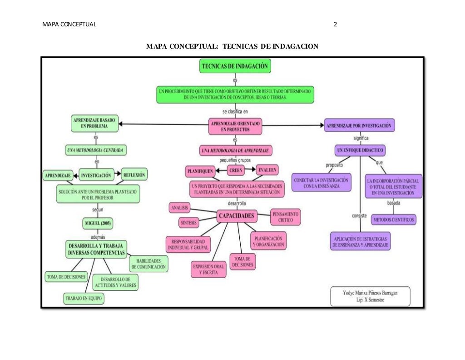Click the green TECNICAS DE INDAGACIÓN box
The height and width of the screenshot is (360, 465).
coord(235,66)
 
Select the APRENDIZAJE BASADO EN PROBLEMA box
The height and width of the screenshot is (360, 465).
coord(94,123)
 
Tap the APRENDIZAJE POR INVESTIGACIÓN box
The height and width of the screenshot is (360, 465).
coord(359,125)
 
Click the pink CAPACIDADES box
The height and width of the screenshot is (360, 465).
coord(237,215)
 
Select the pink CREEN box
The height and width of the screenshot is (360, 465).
coord(236,170)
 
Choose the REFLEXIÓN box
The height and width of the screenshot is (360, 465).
coord(134,175)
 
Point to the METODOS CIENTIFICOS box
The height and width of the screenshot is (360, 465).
coord(393,220)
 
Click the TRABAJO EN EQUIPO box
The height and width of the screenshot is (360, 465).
coord(84,298)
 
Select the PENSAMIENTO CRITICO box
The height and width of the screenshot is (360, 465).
coord(286,217)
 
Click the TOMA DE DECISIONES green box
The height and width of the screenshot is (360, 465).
coord(66,276)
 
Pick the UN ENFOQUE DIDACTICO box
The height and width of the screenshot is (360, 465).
coord(360,150)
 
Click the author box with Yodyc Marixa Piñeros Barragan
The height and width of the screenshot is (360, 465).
coord(370,296)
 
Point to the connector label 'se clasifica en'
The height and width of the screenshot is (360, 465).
coord(235,111)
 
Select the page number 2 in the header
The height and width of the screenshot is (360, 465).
coord(335,25)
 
